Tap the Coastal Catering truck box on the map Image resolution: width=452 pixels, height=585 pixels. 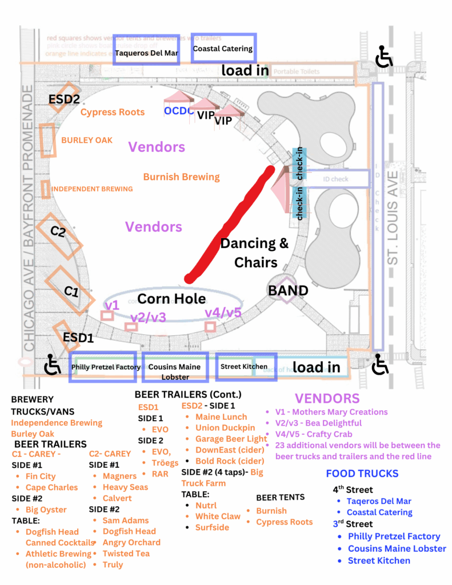[223, 49]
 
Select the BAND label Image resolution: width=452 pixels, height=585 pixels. [288, 290]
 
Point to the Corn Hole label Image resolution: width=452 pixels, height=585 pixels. [171, 299]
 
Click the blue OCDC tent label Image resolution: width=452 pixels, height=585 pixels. [179, 111]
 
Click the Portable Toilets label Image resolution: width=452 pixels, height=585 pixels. [296, 72]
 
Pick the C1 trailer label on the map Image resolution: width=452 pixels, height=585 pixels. [71, 291]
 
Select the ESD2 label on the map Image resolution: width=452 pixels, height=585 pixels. [64, 99]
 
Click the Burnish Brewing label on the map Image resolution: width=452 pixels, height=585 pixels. [181, 177]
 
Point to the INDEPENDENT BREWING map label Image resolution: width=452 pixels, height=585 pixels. [92, 189]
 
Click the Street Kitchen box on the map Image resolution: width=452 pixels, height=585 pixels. [244, 367]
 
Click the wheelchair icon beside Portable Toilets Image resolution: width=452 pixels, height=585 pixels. [384, 57]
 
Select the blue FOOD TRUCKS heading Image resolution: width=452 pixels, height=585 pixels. [362, 474]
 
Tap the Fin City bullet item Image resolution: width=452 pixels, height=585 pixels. [40, 476]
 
